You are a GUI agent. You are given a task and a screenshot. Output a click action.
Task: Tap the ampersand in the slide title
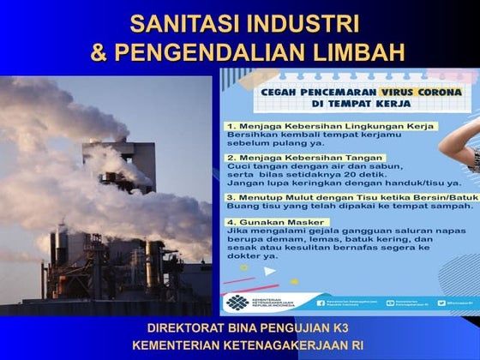pyautogui.click(x=100, y=52)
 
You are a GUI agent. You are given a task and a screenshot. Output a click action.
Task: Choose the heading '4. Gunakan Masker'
pyautogui.click(x=268, y=221)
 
